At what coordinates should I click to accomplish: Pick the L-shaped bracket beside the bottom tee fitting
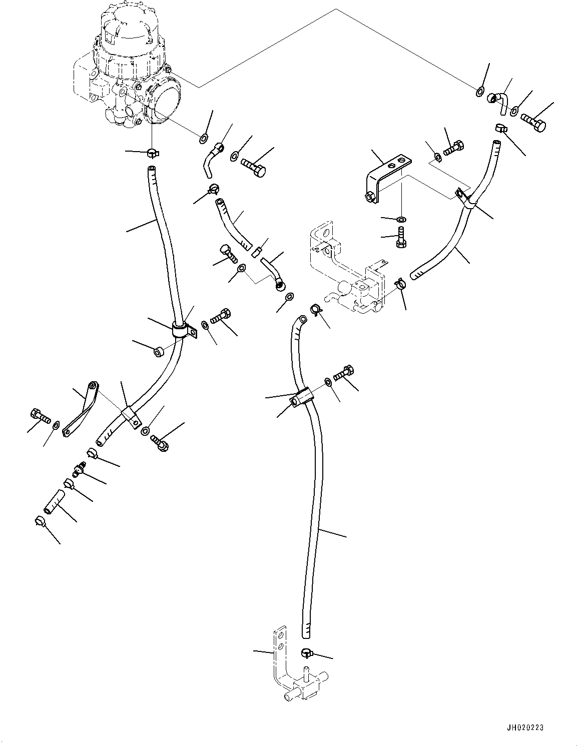[x=278, y=655]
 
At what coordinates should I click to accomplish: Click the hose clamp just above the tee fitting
[x=307, y=652]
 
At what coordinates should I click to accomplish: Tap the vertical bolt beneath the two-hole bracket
[x=400, y=237]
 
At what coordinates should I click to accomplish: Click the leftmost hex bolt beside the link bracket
[x=38, y=415]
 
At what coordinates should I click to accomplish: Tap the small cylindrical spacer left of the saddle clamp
[x=158, y=353]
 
